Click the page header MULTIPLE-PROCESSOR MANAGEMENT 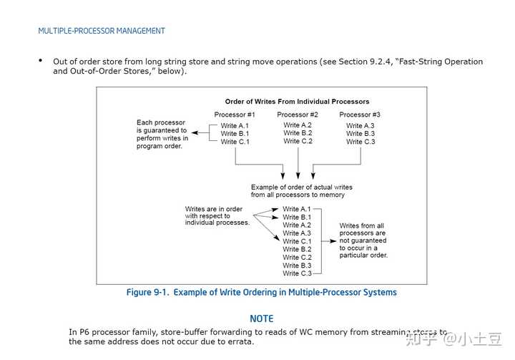click(102, 31)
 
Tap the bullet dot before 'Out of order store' click(41, 61)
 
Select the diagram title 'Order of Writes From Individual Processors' click(297, 102)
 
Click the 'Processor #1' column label click(235, 115)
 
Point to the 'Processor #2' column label click(298, 115)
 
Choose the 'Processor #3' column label click(360, 115)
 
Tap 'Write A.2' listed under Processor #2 click(298, 125)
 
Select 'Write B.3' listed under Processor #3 click(360, 134)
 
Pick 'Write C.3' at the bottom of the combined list click(297, 273)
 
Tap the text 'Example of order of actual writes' click(301, 188)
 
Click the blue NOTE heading click(262, 318)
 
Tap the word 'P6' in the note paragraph click(84, 332)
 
